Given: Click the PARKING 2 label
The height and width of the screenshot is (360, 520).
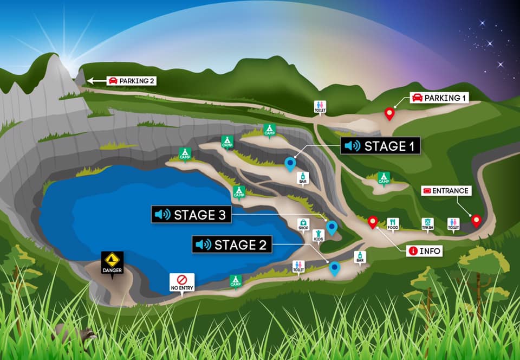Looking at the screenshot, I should [131, 81].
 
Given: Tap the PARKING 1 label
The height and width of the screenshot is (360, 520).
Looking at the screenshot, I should [439, 98].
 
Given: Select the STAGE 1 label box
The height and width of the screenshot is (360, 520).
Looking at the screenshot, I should [381, 146].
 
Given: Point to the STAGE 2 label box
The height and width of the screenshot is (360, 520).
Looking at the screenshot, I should [232, 245].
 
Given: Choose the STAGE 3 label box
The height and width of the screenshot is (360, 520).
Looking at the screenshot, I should [191, 215].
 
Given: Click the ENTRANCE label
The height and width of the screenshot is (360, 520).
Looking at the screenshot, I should [446, 191].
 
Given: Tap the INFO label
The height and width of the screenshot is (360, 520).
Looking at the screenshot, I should [425, 250].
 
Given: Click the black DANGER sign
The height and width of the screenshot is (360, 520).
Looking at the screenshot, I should [112, 262].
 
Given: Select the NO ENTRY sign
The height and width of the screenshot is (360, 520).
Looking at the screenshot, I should [182, 281].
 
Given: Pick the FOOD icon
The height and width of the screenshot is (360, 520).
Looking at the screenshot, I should [393, 223].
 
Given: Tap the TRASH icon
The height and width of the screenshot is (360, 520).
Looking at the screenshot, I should [427, 223].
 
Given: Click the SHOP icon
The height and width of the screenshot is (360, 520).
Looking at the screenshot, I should [303, 223].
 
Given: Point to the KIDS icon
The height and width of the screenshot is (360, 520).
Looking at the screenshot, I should [318, 235].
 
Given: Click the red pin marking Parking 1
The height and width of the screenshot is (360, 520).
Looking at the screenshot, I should [389, 113].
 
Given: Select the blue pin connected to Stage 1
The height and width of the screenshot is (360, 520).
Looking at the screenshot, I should [290, 163].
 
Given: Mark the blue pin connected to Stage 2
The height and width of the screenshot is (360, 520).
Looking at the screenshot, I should [335, 267].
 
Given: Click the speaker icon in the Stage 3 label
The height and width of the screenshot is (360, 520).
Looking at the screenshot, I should [162, 215].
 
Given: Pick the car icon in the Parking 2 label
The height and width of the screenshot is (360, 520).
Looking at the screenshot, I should [113, 81].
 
